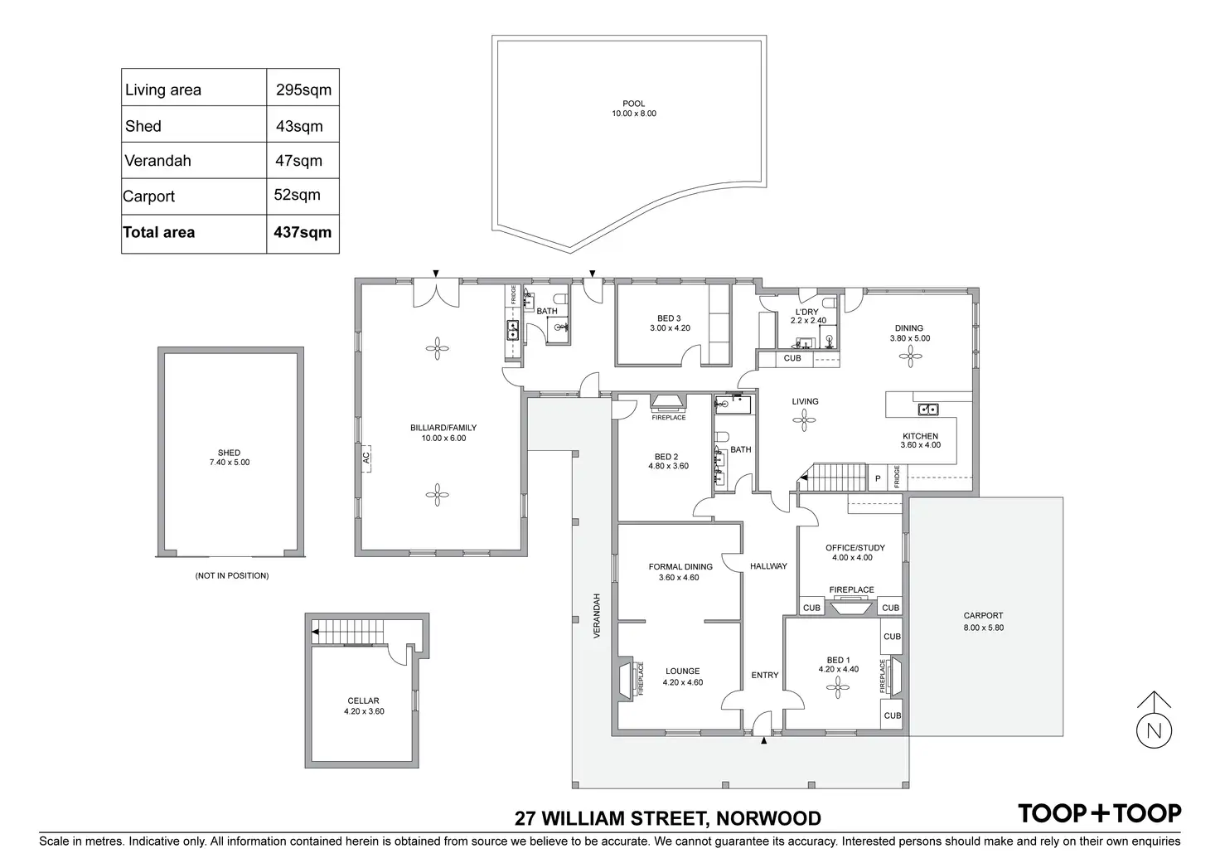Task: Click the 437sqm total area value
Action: tap(303, 233)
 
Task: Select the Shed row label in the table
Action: tap(143, 126)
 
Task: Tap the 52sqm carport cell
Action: tap(297, 196)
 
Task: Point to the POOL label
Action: tap(634, 104)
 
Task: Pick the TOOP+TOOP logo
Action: tap(1100, 813)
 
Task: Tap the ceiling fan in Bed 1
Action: tap(840, 685)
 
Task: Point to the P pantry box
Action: tap(878, 478)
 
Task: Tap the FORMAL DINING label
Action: tap(680, 567)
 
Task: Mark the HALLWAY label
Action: tap(768, 566)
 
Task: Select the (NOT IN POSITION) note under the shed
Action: tap(232, 575)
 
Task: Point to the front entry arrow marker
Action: tap(764, 742)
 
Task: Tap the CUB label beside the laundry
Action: tap(792, 358)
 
